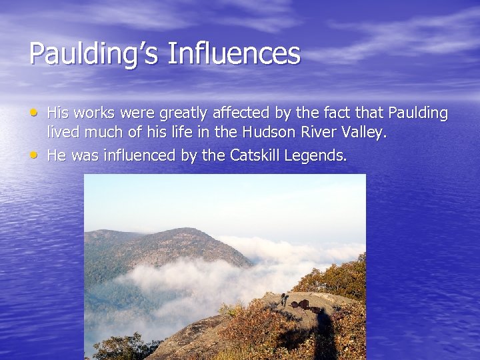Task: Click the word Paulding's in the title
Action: point(93,54)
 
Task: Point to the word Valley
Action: point(364,133)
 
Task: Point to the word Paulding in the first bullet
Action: point(419,113)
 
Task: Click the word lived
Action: point(62,133)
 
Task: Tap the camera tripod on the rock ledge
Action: point(284,299)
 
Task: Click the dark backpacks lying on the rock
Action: point(304,305)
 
